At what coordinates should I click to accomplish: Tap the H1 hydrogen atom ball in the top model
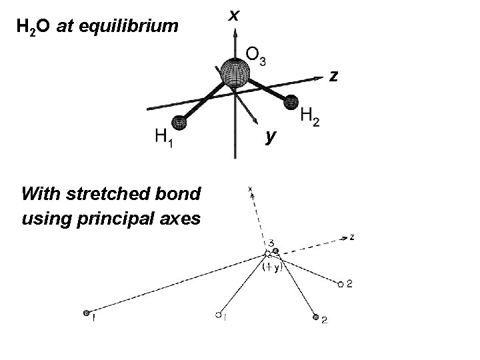[x=179, y=123]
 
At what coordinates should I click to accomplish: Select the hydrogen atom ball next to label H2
[x=291, y=102]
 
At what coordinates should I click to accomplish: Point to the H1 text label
[x=163, y=139]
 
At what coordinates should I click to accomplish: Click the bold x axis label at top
[x=233, y=13]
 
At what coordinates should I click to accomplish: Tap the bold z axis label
[x=335, y=77]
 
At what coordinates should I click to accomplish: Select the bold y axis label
[x=269, y=136]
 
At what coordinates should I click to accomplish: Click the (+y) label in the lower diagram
[x=273, y=267]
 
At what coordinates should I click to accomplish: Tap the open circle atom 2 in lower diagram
[x=340, y=285]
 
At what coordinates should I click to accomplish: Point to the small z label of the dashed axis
[x=351, y=236]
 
